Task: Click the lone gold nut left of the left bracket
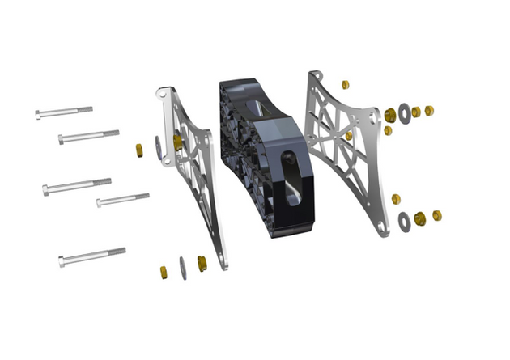tap(138, 150)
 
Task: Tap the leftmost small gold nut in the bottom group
tap(162, 271)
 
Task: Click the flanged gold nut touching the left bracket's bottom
tap(202, 262)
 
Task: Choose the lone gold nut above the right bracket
tap(346, 84)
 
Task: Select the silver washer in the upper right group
tap(402, 112)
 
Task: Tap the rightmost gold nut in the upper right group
tap(428, 111)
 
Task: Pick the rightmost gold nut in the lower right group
tap(437, 215)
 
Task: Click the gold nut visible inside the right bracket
tap(349, 136)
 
